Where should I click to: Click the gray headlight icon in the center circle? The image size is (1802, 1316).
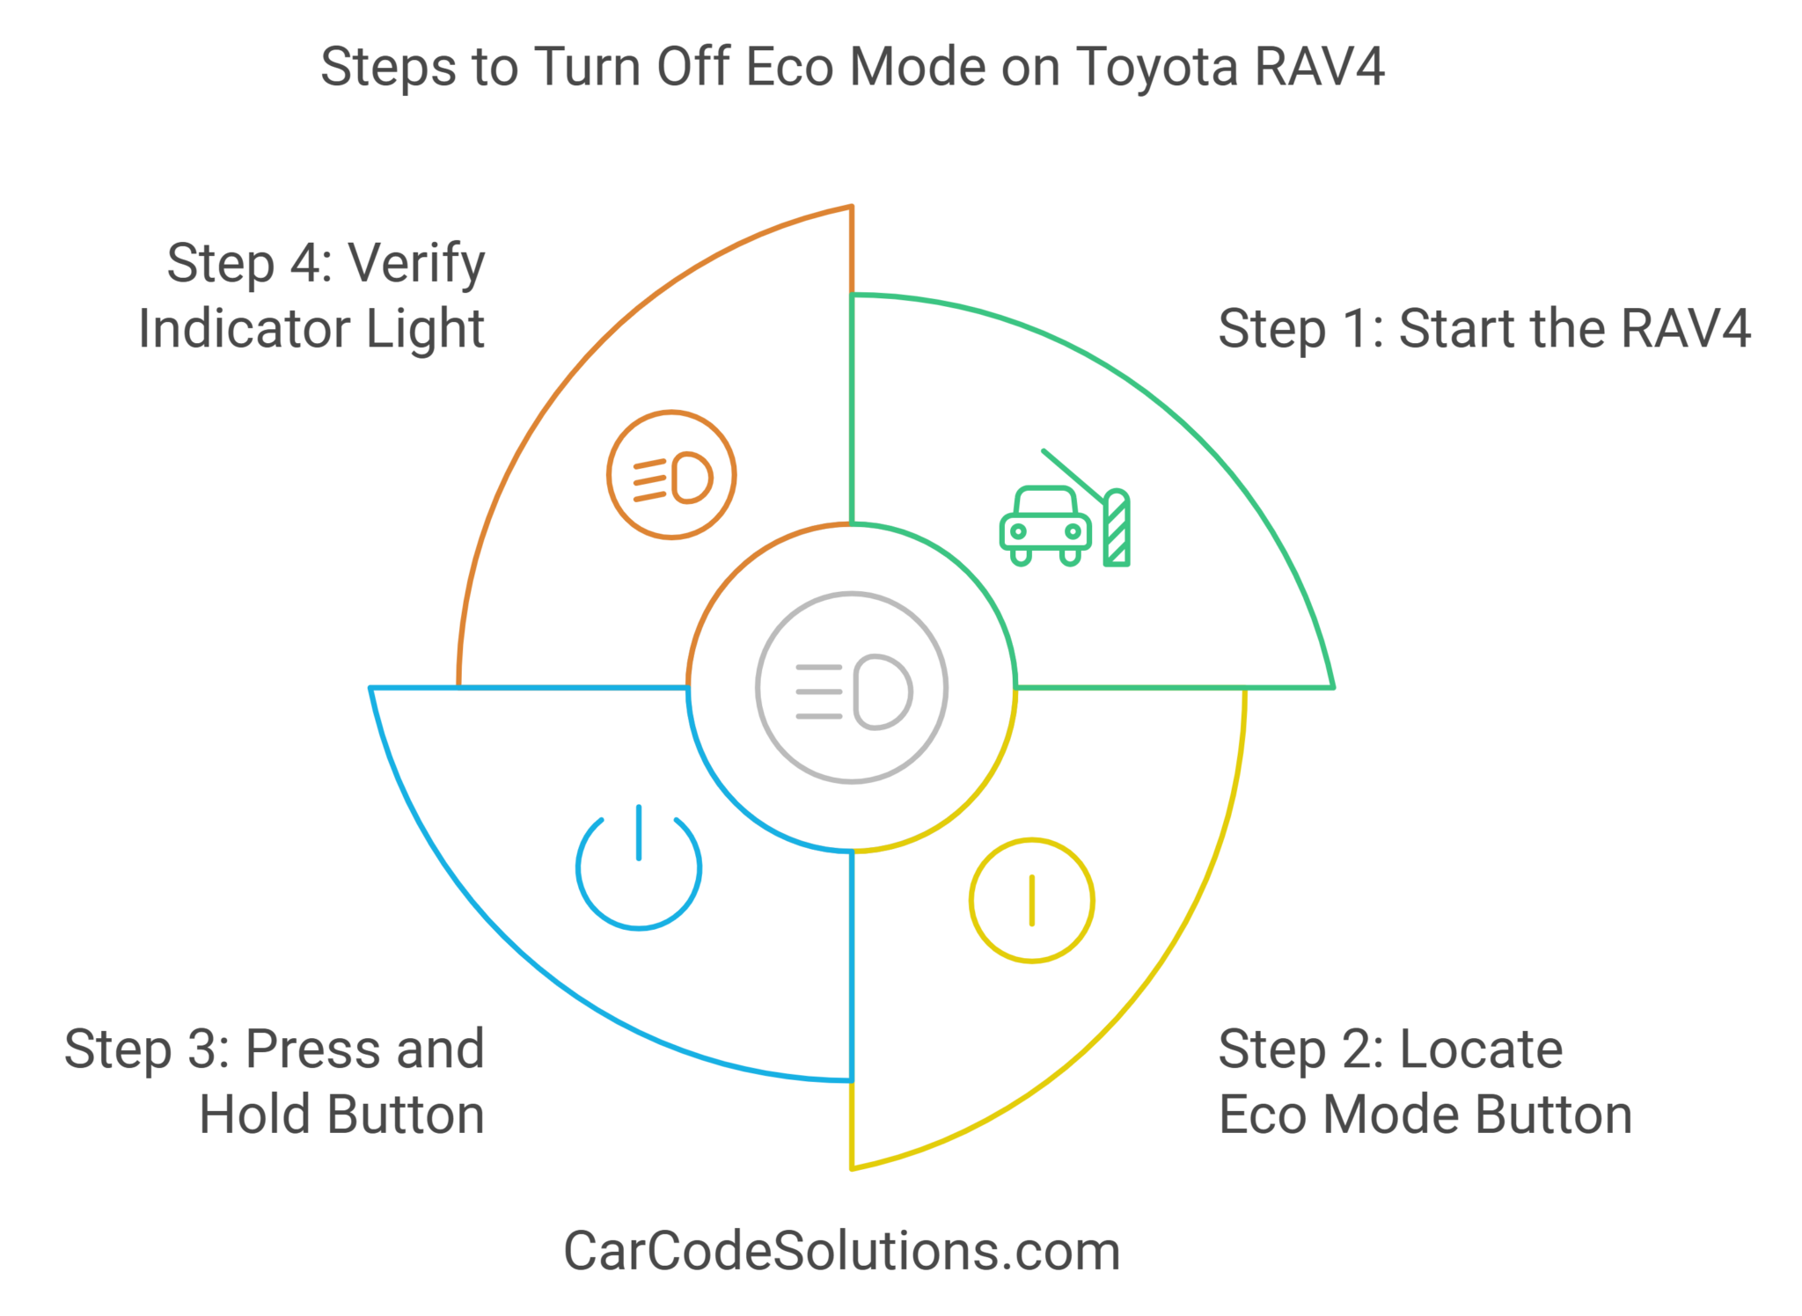coord(852,688)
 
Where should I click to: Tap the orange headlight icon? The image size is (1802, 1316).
coord(671,475)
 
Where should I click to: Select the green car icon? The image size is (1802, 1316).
coord(1045,525)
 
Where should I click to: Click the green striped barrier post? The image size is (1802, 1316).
coord(1117,529)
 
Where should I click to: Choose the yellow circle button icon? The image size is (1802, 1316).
coord(1031,900)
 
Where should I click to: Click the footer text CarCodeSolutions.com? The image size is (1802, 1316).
coord(842,1251)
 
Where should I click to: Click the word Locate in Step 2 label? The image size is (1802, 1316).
coord(1481,1049)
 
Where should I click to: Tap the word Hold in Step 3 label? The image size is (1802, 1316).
coord(257,1115)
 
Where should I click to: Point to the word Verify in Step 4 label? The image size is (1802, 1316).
coord(416,264)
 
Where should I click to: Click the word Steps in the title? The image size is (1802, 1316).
coord(388,67)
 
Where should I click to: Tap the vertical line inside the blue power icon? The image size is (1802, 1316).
coord(639,832)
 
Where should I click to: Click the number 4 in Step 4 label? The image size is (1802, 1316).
coord(307,264)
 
